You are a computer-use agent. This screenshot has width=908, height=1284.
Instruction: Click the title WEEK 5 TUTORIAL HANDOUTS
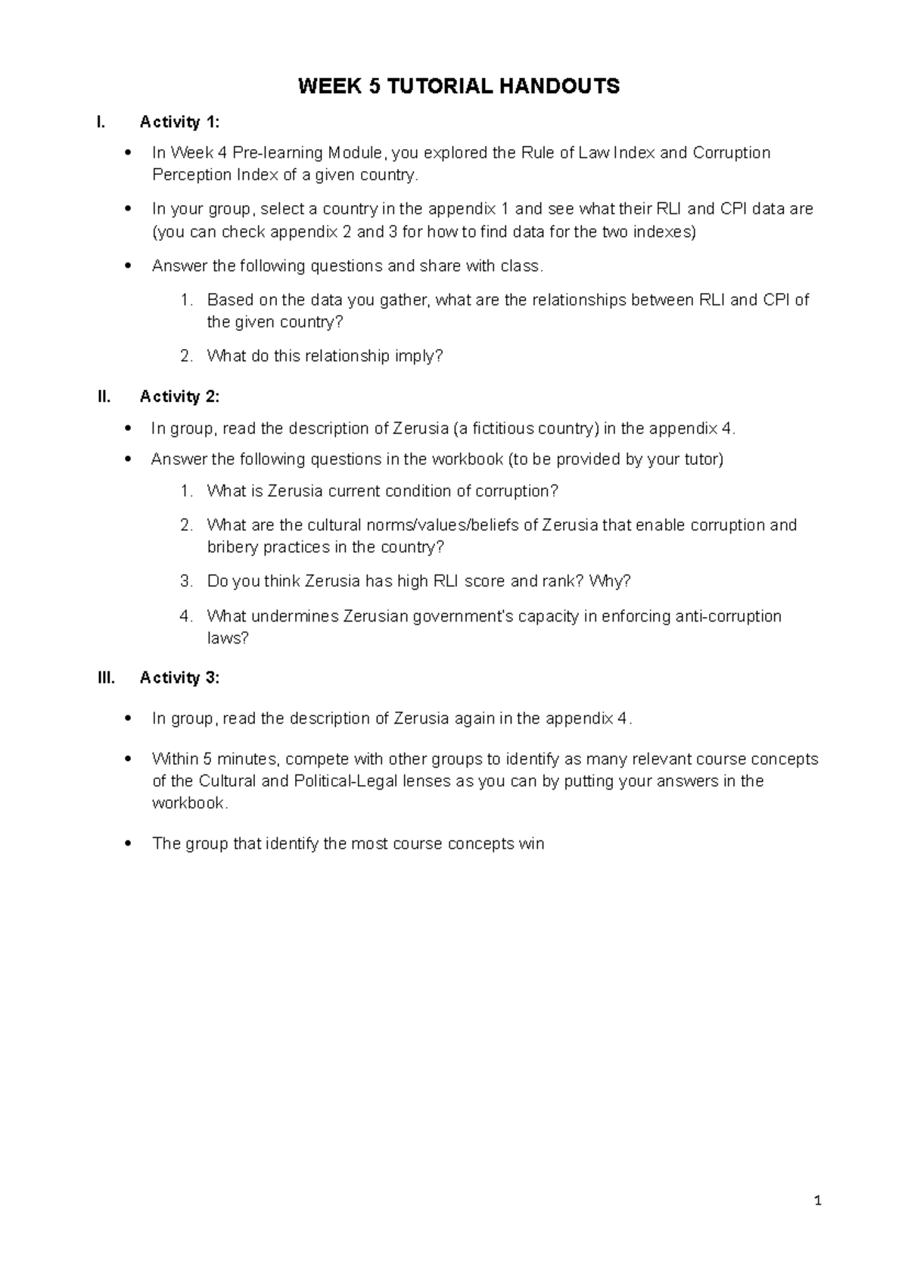pyautogui.click(x=459, y=87)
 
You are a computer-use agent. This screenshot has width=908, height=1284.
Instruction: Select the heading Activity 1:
pyautogui.click(x=180, y=122)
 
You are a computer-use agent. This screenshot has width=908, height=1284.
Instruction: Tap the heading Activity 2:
pyautogui.click(x=180, y=397)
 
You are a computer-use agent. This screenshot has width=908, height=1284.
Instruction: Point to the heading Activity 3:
pyautogui.click(x=180, y=678)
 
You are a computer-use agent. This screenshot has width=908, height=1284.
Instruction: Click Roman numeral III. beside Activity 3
pyautogui.click(x=107, y=678)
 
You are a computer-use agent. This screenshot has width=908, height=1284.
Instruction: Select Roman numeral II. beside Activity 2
pyautogui.click(x=104, y=397)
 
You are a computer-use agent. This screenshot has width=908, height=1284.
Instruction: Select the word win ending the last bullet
pyautogui.click(x=531, y=844)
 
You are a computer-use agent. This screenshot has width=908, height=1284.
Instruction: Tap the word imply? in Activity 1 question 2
pyautogui.click(x=418, y=356)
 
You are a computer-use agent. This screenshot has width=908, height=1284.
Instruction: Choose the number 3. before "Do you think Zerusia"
pyautogui.click(x=187, y=581)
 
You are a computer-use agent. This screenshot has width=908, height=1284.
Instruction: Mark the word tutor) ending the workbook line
pyautogui.click(x=703, y=460)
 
